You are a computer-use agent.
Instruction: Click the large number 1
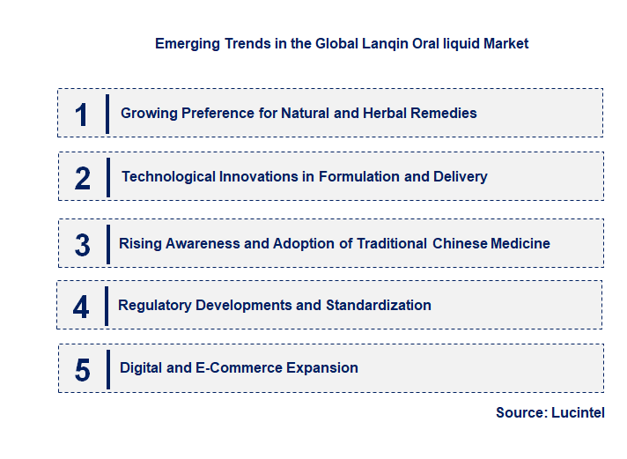point(81,114)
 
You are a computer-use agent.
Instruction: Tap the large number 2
point(83,177)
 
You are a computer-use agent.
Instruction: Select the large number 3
point(82,244)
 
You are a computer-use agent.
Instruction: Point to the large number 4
point(81,306)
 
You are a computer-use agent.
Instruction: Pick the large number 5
point(82,369)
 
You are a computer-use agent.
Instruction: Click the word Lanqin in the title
point(360,43)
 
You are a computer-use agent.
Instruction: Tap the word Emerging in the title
point(183,43)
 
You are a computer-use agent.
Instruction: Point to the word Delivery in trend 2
point(460,176)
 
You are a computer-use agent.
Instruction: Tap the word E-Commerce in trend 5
point(231,367)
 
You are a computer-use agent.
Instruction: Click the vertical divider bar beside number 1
point(107,114)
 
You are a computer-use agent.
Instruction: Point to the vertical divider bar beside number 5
point(107,368)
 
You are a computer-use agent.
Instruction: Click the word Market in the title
point(505,43)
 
